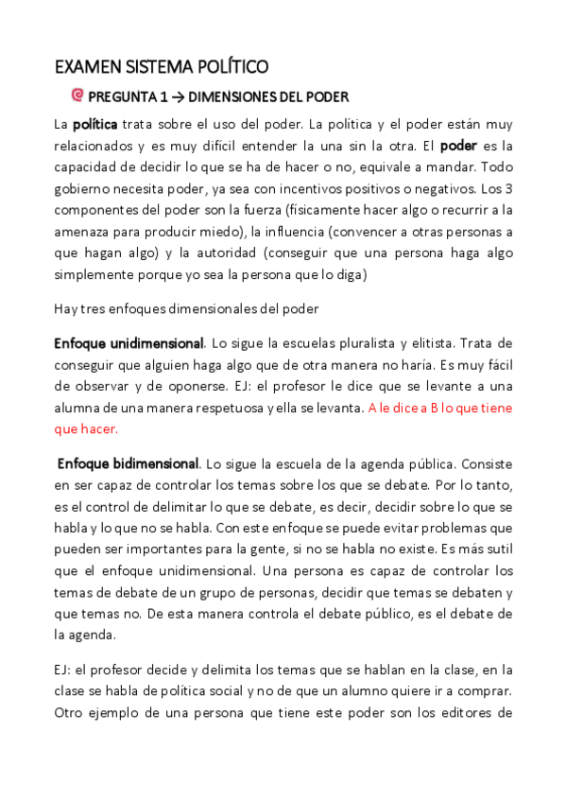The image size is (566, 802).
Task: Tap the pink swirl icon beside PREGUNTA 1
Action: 78,95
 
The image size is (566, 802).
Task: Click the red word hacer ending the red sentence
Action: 99,428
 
